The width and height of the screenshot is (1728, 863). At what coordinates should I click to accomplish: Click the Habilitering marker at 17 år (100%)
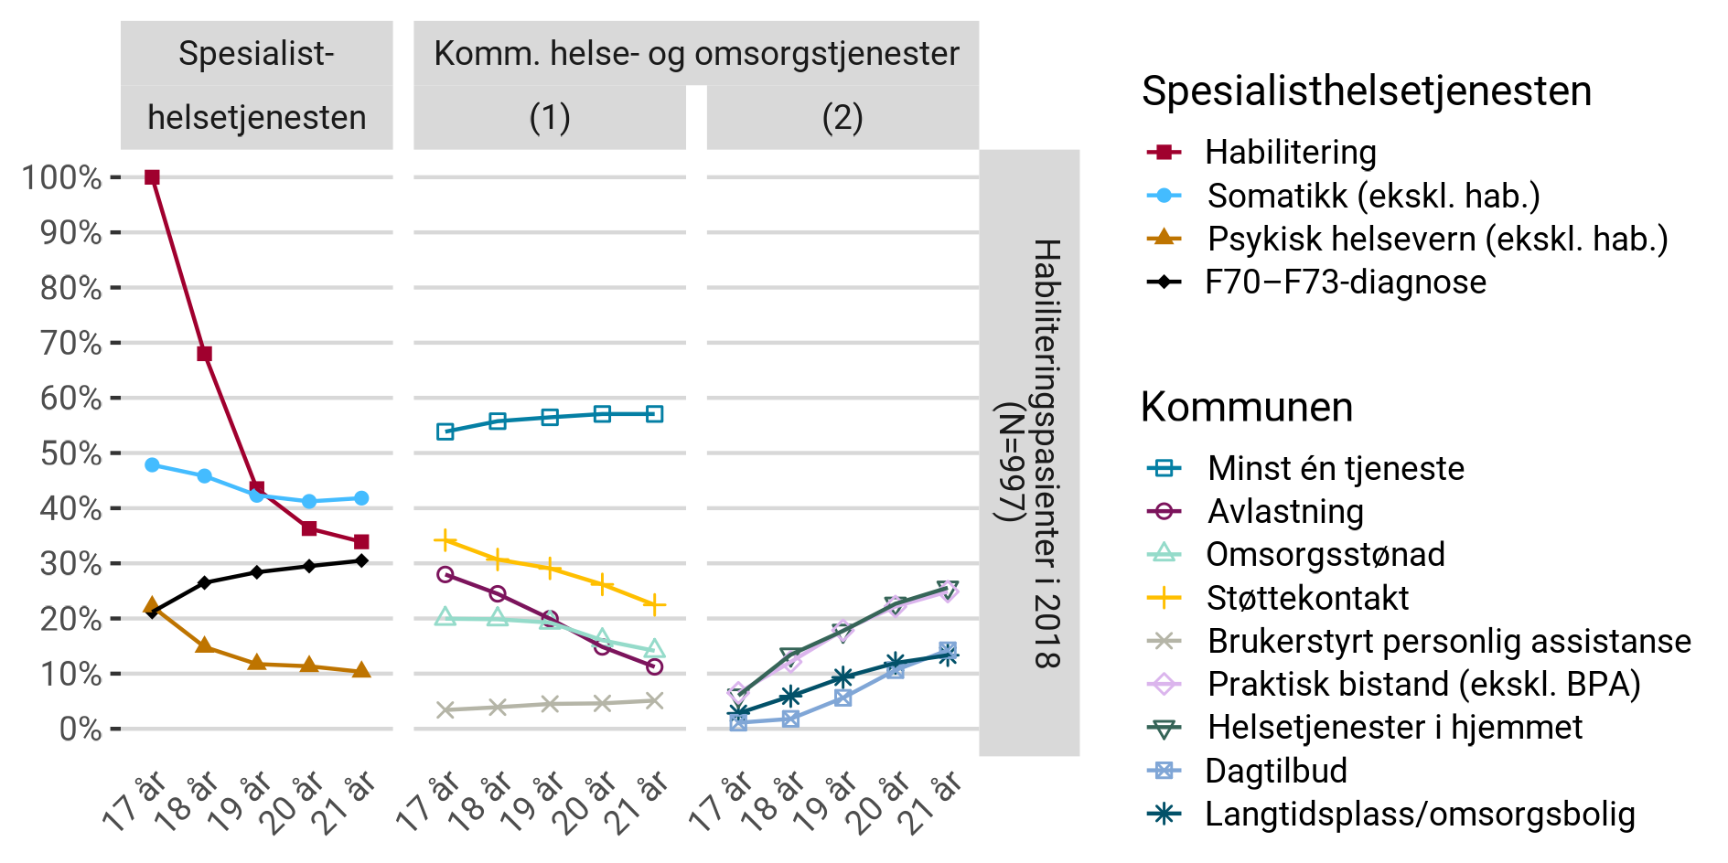click(152, 177)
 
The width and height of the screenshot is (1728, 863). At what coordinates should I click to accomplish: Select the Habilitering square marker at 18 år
click(205, 354)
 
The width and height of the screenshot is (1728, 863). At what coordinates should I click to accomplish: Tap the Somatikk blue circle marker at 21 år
click(361, 498)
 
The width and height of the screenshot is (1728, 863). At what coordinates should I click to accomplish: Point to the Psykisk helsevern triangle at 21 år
click(361, 671)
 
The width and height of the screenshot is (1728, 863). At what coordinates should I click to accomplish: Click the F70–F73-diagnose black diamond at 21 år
click(361, 560)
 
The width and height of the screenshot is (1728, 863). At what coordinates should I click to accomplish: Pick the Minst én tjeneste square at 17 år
click(445, 431)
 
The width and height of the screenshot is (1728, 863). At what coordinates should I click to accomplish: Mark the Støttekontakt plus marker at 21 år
click(654, 604)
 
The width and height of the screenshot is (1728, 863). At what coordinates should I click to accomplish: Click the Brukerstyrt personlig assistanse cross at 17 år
click(445, 709)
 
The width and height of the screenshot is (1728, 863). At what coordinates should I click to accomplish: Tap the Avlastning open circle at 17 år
click(445, 574)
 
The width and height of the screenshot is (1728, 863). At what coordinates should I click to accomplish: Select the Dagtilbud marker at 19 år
click(843, 698)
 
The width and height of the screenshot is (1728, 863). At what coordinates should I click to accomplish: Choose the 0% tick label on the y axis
click(80, 729)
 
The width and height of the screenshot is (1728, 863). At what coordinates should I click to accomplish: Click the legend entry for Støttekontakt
click(1306, 598)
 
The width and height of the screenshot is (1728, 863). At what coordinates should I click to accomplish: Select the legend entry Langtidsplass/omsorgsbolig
click(1419, 814)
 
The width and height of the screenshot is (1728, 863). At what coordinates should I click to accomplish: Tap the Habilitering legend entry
click(1290, 152)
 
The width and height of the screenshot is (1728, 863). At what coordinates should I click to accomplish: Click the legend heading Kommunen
click(1246, 407)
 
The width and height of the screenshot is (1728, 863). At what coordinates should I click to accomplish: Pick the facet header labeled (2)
click(843, 118)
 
